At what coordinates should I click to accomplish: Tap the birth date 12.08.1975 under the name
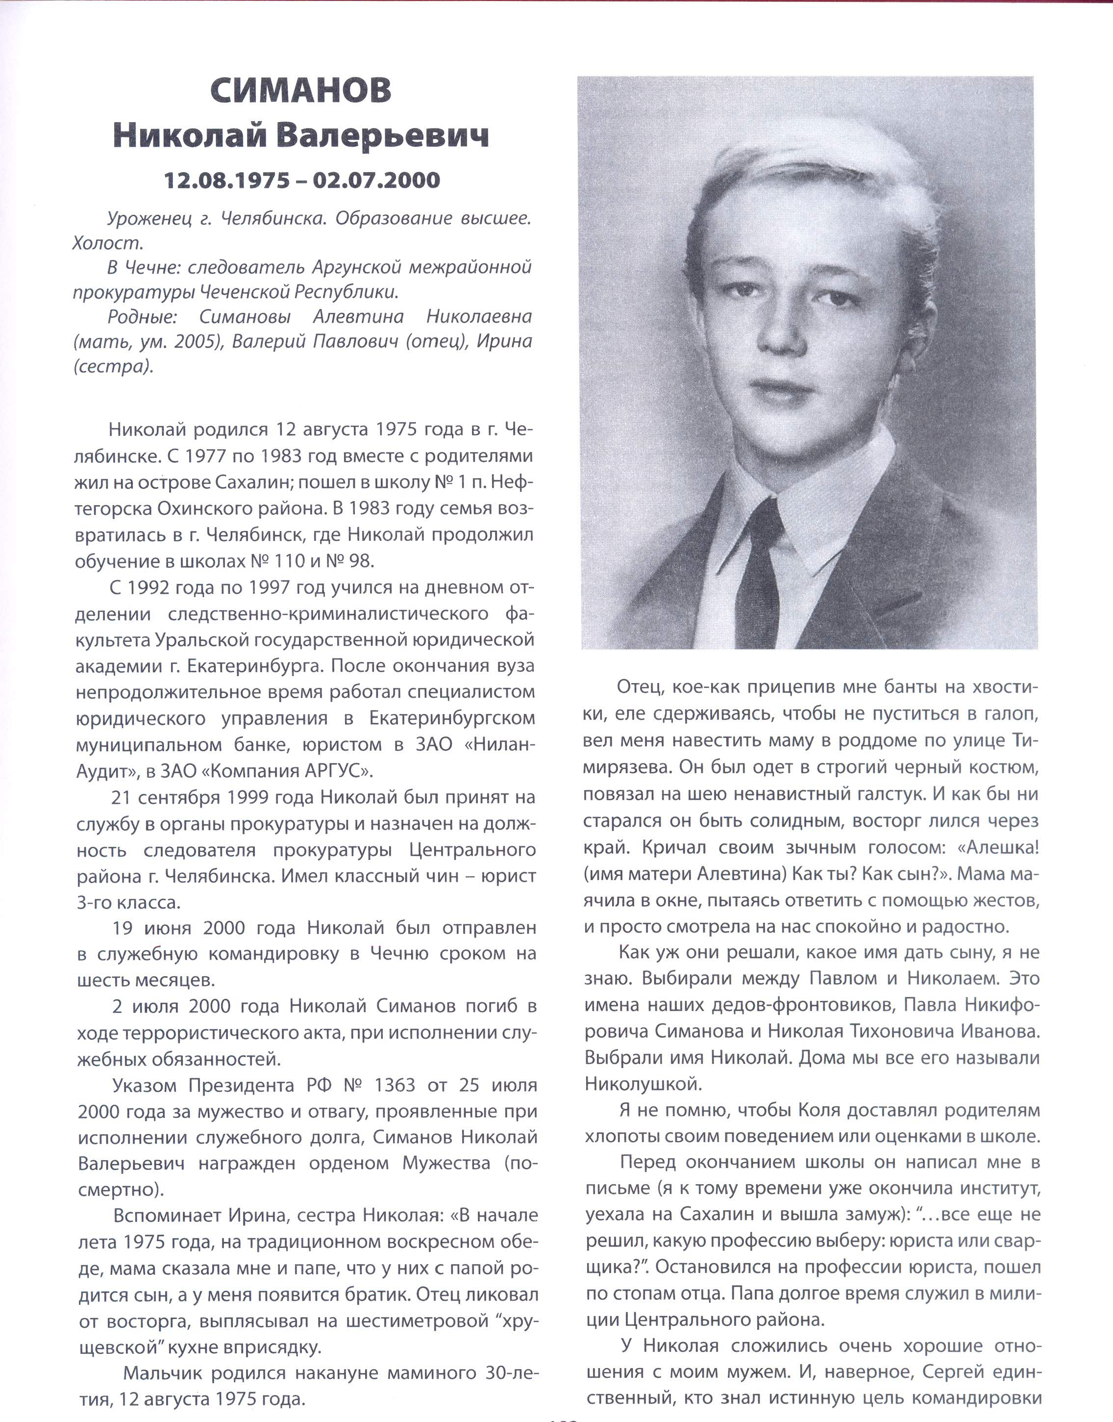[x=227, y=180]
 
